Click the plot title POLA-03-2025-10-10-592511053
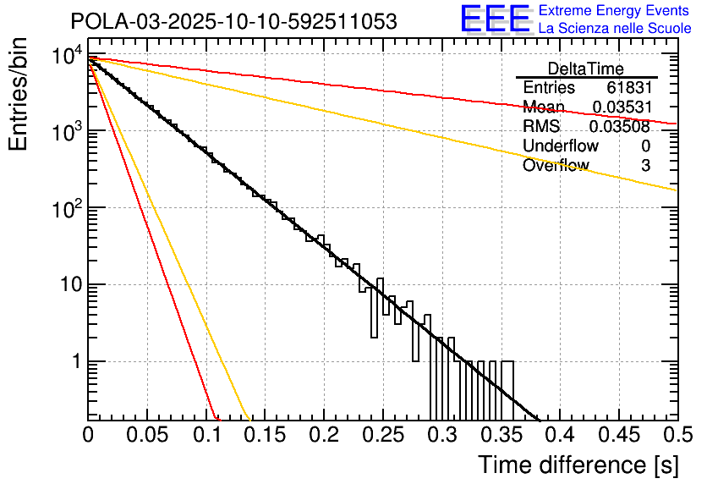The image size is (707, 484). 233,22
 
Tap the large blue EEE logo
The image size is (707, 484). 495,19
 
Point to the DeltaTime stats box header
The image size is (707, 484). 586,69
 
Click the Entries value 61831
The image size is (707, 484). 628,88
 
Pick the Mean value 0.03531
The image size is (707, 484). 621,107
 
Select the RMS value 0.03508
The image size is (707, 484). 621,127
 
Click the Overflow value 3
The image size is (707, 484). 645,166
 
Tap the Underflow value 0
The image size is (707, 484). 645,146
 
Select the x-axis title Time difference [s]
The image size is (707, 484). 577,465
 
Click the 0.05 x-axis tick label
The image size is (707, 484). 147,436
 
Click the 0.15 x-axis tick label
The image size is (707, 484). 265,436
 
